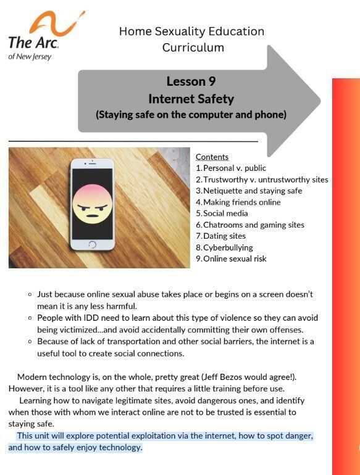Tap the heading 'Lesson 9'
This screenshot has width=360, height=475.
pyautogui.click(x=191, y=81)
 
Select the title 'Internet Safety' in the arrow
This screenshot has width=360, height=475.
pyautogui.click(x=191, y=98)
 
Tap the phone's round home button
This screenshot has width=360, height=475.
pyautogui.click(x=93, y=245)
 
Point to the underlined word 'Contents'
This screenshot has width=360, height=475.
pyautogui.click(x=212, y=157)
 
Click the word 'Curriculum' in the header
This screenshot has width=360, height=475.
pyautogui.click(x=193, y=47)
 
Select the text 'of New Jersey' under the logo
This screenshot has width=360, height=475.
pyautogui.click(x=30, y=57)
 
